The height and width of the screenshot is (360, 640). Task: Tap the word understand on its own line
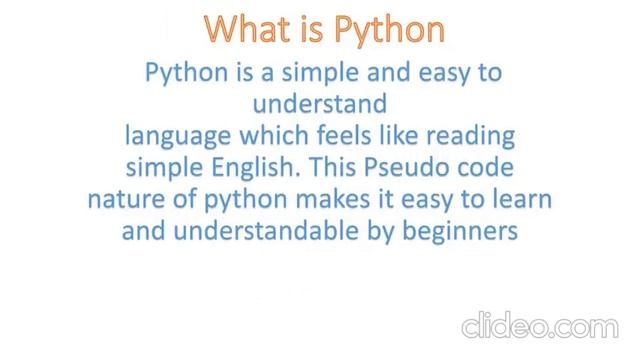coord(319,103)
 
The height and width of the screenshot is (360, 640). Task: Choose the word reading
coord(470,135)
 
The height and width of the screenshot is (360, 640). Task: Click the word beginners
coord(456,232)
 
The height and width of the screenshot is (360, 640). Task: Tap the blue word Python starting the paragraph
coord(183,73)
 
